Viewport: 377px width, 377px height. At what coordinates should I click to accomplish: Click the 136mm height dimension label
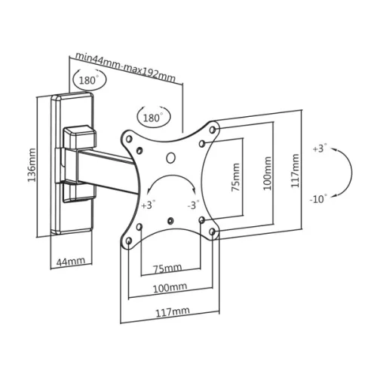click(x=32, y=165)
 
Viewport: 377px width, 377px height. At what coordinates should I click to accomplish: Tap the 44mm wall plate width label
click(x=71, y=261)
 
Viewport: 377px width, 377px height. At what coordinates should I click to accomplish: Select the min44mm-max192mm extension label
click(x=125, y=67)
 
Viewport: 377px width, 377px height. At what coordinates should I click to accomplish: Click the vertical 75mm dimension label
click(x=235, y=177)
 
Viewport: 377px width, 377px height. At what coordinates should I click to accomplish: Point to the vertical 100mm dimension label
click(x=267, y=173)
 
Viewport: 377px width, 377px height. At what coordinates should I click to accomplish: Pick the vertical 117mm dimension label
click(x=295, y=170)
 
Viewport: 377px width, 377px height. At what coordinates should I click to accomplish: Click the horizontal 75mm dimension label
click(x=167, y=268)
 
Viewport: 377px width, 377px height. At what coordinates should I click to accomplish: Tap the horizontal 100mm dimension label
click(x=170, y=288)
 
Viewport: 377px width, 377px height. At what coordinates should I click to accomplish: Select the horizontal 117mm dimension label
click(x=173, y=312)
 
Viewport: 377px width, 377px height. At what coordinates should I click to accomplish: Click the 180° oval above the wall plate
click(x=90, y=80)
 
